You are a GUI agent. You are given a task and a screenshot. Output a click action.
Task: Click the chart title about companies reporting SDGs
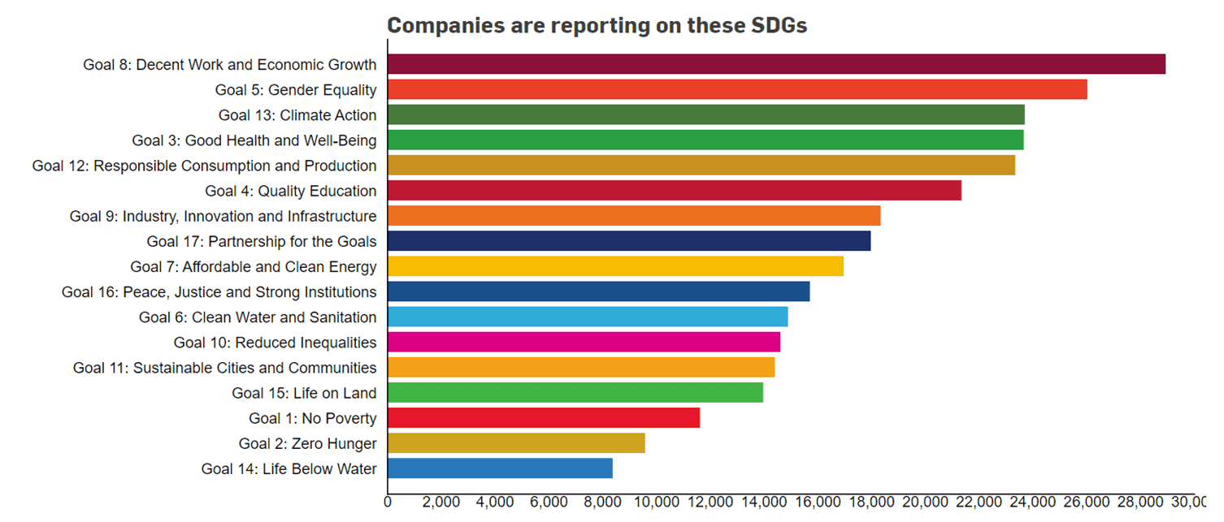(x=597, y=25)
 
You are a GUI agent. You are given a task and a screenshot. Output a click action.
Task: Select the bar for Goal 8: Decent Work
(x=776, y=64)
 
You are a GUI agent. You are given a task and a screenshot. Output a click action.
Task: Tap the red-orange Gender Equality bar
(x=737, y=89)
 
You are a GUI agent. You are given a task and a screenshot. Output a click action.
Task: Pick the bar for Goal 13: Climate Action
(x=705, y=114)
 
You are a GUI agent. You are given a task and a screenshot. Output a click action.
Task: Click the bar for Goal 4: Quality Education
(x=674, y=191)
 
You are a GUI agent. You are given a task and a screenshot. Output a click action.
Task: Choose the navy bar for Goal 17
(x=628, y=241)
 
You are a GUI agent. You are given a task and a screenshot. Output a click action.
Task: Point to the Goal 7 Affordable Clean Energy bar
(x=615, y=266)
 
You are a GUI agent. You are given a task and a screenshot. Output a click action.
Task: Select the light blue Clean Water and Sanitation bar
(x=587, y=317)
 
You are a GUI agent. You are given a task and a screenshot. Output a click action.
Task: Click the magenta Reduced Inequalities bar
(x=584, y=342)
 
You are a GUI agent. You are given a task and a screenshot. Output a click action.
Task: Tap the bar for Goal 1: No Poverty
(x=543, y=418)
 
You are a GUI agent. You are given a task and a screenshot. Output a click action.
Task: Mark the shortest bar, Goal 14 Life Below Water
(x=500, y=468)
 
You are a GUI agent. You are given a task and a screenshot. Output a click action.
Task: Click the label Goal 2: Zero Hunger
(x=307, y=443)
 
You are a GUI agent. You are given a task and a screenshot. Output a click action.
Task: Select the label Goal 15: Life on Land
(x=304, y=393)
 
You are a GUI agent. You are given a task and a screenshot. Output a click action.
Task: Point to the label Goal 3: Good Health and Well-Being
(x=254, y=140)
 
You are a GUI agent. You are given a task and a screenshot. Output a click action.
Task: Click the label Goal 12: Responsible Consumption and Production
(x=204, y=166)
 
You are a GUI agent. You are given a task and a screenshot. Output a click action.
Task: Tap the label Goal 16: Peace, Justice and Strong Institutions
(x=219, y=291)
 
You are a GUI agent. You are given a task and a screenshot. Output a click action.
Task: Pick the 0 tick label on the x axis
(x=388, y=502)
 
